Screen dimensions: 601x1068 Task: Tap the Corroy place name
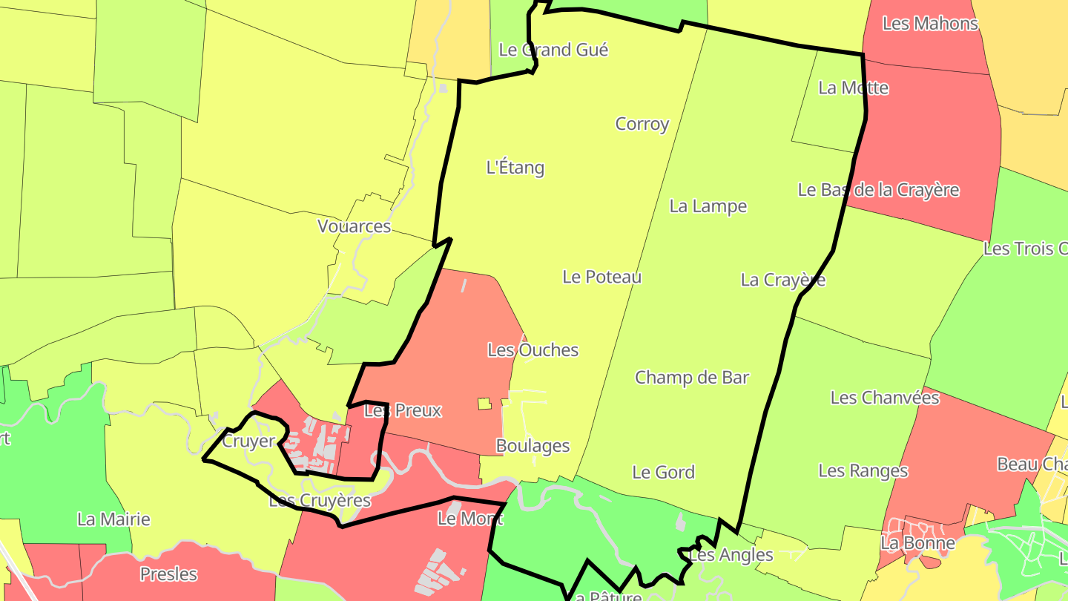tap(642, 124)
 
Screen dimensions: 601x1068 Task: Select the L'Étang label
tap(515, 168)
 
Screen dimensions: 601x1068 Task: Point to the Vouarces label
tap(354, 226)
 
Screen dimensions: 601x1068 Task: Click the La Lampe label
tap(708, 206)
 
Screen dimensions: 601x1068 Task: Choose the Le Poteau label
tap(601, 277)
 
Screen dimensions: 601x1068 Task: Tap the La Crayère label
tap(782, 280)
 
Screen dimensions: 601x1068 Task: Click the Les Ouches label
tap(533, 349)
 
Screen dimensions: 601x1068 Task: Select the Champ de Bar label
tap(691, 377)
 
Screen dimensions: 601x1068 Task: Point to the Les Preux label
tap(403, 410)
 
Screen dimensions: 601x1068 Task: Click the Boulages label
tap(533, 446)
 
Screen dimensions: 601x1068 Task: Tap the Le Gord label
tap(663, 472)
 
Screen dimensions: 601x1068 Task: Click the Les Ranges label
tap(863, 470)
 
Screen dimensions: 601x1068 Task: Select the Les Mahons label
tap(930, 23)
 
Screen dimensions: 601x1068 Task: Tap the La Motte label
tap(853, 88)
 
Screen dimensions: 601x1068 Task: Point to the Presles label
tap(168, 574)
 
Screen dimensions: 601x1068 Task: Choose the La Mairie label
tap(113, 519)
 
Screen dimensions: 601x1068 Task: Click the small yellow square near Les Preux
tap(484, 404)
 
